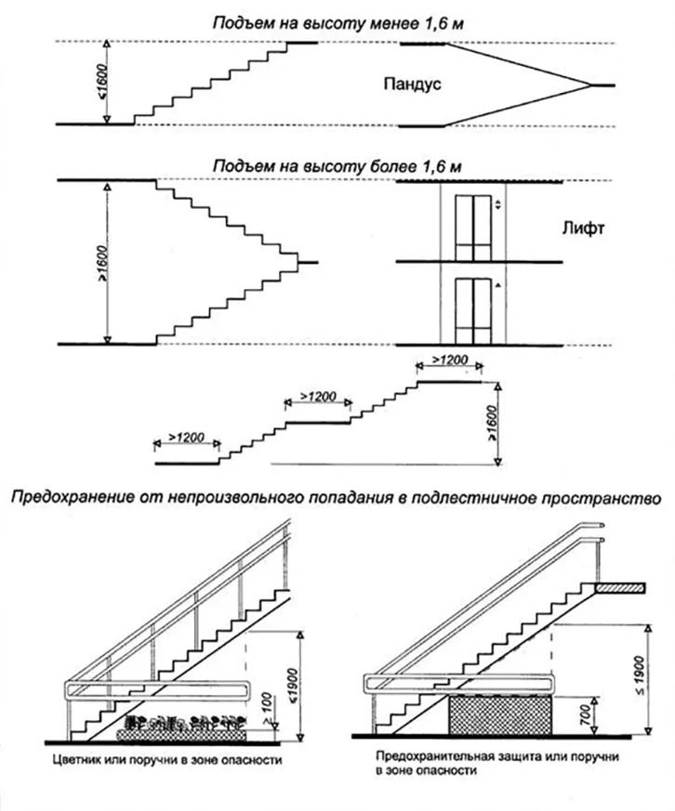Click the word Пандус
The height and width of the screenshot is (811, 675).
pyautogui.click(x=410, y=85)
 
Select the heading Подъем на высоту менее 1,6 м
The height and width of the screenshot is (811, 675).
pyautogui.click(x=337, y=21)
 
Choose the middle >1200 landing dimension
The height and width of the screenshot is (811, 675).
pyautogui.click(x=318, y=398)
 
